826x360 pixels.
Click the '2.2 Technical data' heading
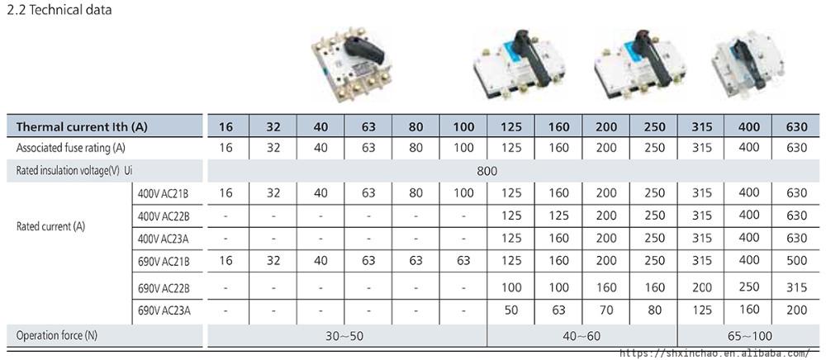[x=59, y=10]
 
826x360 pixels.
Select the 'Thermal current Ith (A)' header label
[x=82, y=127]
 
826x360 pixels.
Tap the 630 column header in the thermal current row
[x=796, y=127]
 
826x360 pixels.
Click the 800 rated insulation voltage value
[x=487, y=171]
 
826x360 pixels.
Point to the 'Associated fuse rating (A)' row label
[x=70, y=148]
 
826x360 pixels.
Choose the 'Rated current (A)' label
[x=50, y=227]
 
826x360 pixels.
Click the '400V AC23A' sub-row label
[x=163, y=239]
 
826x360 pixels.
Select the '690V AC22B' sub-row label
[x=163, y=288]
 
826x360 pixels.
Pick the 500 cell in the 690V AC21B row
[x=796, y=261]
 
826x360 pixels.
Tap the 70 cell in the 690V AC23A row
[x=606, y=310]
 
